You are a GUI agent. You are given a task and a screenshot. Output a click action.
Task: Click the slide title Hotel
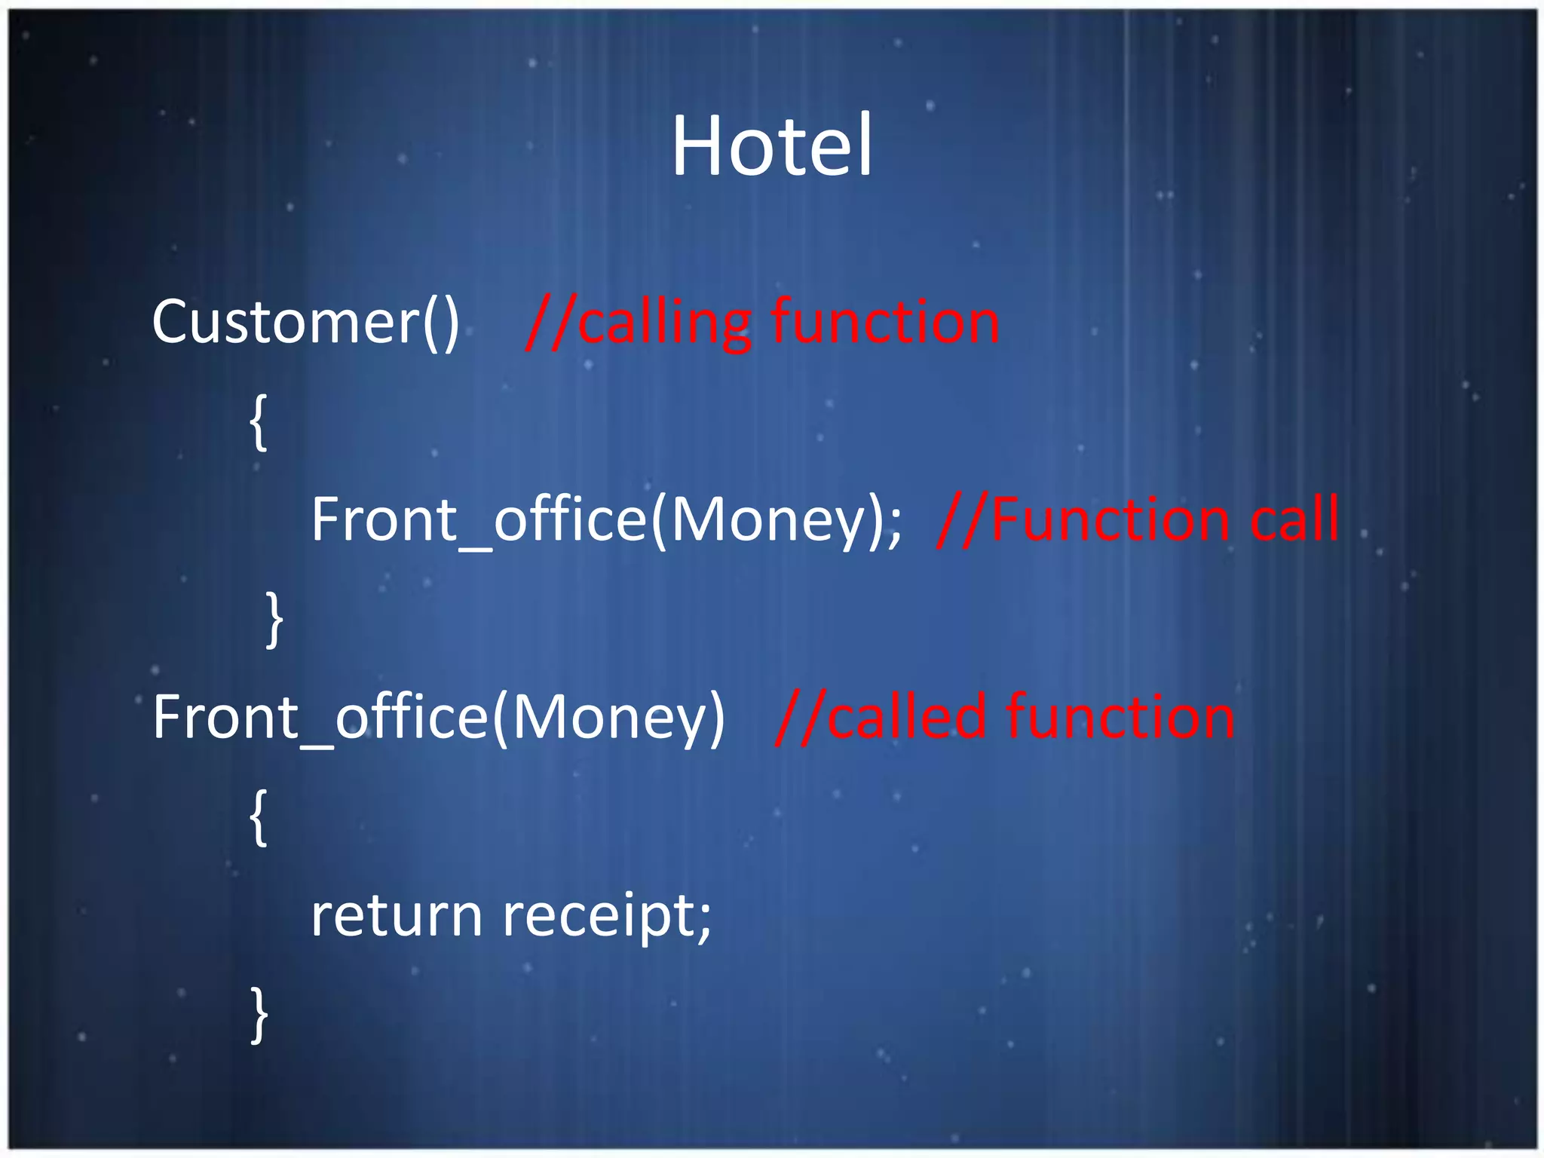coord(771,145)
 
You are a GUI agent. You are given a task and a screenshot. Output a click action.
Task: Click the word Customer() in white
coord(305,322)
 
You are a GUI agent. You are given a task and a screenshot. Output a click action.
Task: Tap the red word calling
coord(664,323)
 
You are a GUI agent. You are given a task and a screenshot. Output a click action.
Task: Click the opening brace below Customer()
coord(259,422)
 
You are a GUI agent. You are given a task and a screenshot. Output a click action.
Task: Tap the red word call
coord(1294,519)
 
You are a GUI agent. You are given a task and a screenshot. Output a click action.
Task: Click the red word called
coord(907,717)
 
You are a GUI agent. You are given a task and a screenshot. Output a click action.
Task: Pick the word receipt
coord(599,917)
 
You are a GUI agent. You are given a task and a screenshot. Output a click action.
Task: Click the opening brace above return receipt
coord(259,817)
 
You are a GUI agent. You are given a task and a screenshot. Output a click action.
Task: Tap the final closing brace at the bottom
coord(259,1015)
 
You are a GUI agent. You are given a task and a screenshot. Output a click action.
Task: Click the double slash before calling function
coord(551,323)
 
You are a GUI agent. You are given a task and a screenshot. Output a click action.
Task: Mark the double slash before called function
coord(801,717)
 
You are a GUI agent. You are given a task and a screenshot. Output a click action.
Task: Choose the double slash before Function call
coord(963,519)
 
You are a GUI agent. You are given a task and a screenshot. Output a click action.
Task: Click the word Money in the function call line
coord(766,521)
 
